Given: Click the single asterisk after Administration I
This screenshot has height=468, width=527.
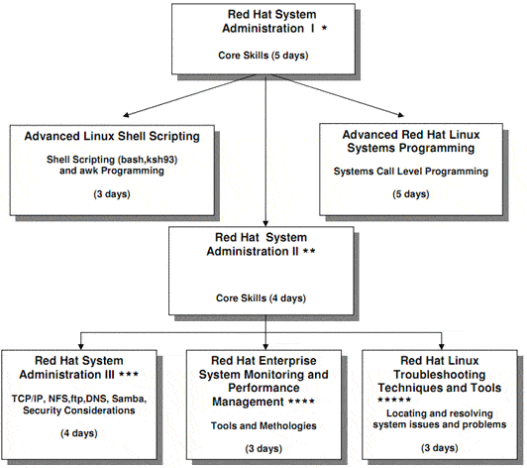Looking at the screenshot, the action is [x=324, y=29].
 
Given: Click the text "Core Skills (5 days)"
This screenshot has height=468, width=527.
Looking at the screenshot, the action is [x=263, y=56].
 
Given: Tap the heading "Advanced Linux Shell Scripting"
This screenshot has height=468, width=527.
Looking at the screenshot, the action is [x=112, y=136].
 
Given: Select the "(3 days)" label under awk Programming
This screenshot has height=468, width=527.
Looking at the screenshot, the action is [x=112, y=194].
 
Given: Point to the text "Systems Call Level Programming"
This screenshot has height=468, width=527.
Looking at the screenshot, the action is [x=411, y=172].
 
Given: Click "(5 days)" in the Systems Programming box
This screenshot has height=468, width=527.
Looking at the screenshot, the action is [x=411, y=194].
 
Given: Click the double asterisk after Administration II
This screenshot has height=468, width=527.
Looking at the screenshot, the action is [x=309, y=251].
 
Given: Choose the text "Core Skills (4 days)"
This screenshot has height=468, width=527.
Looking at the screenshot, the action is [x=261, y=298].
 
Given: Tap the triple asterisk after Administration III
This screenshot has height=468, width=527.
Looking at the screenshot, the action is [x=129, y=374].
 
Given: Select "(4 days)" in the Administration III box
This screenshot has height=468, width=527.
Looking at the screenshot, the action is [x=79, y=433].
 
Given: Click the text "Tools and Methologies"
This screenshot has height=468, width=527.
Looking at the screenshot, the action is [x=263, y=426].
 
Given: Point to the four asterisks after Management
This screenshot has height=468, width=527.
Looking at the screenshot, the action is [x=301, y=402].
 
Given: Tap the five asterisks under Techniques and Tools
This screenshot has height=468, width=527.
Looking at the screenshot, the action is [x=394, y=400].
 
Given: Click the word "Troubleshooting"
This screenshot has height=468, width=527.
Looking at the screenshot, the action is [x=440, y=375].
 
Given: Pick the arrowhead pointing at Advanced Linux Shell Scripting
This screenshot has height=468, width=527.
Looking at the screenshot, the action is [x=126, y=115].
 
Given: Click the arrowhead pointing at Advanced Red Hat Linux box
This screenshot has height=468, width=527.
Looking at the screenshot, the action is [x=400, y=115].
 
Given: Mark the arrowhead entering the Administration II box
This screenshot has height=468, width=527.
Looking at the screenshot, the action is [x=265, y=223].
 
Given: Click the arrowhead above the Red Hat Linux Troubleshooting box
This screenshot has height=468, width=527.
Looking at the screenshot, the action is [x=442, y=346].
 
